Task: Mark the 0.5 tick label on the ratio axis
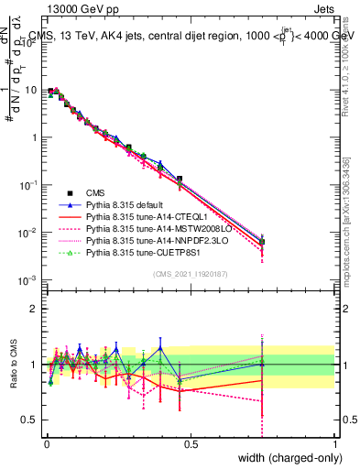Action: (x=31, y=419)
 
